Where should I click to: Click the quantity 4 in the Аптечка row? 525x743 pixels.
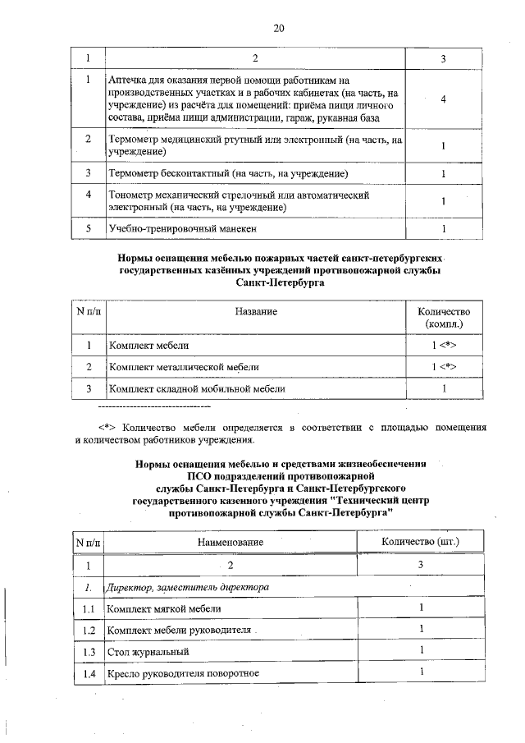[443, 99]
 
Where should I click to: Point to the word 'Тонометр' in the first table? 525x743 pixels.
[130, 195]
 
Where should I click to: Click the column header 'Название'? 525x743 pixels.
[256, 312]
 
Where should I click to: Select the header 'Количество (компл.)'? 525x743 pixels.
[443, 319]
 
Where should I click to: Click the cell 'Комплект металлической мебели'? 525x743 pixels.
[185, 366]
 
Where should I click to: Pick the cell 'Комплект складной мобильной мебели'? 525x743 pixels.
[198, 388]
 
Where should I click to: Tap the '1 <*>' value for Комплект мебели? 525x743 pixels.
[443, 345]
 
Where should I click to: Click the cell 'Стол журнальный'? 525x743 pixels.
[148, 652]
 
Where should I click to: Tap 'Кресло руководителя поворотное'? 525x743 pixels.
[183, 674]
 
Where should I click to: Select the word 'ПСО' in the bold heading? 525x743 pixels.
[201, 475]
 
